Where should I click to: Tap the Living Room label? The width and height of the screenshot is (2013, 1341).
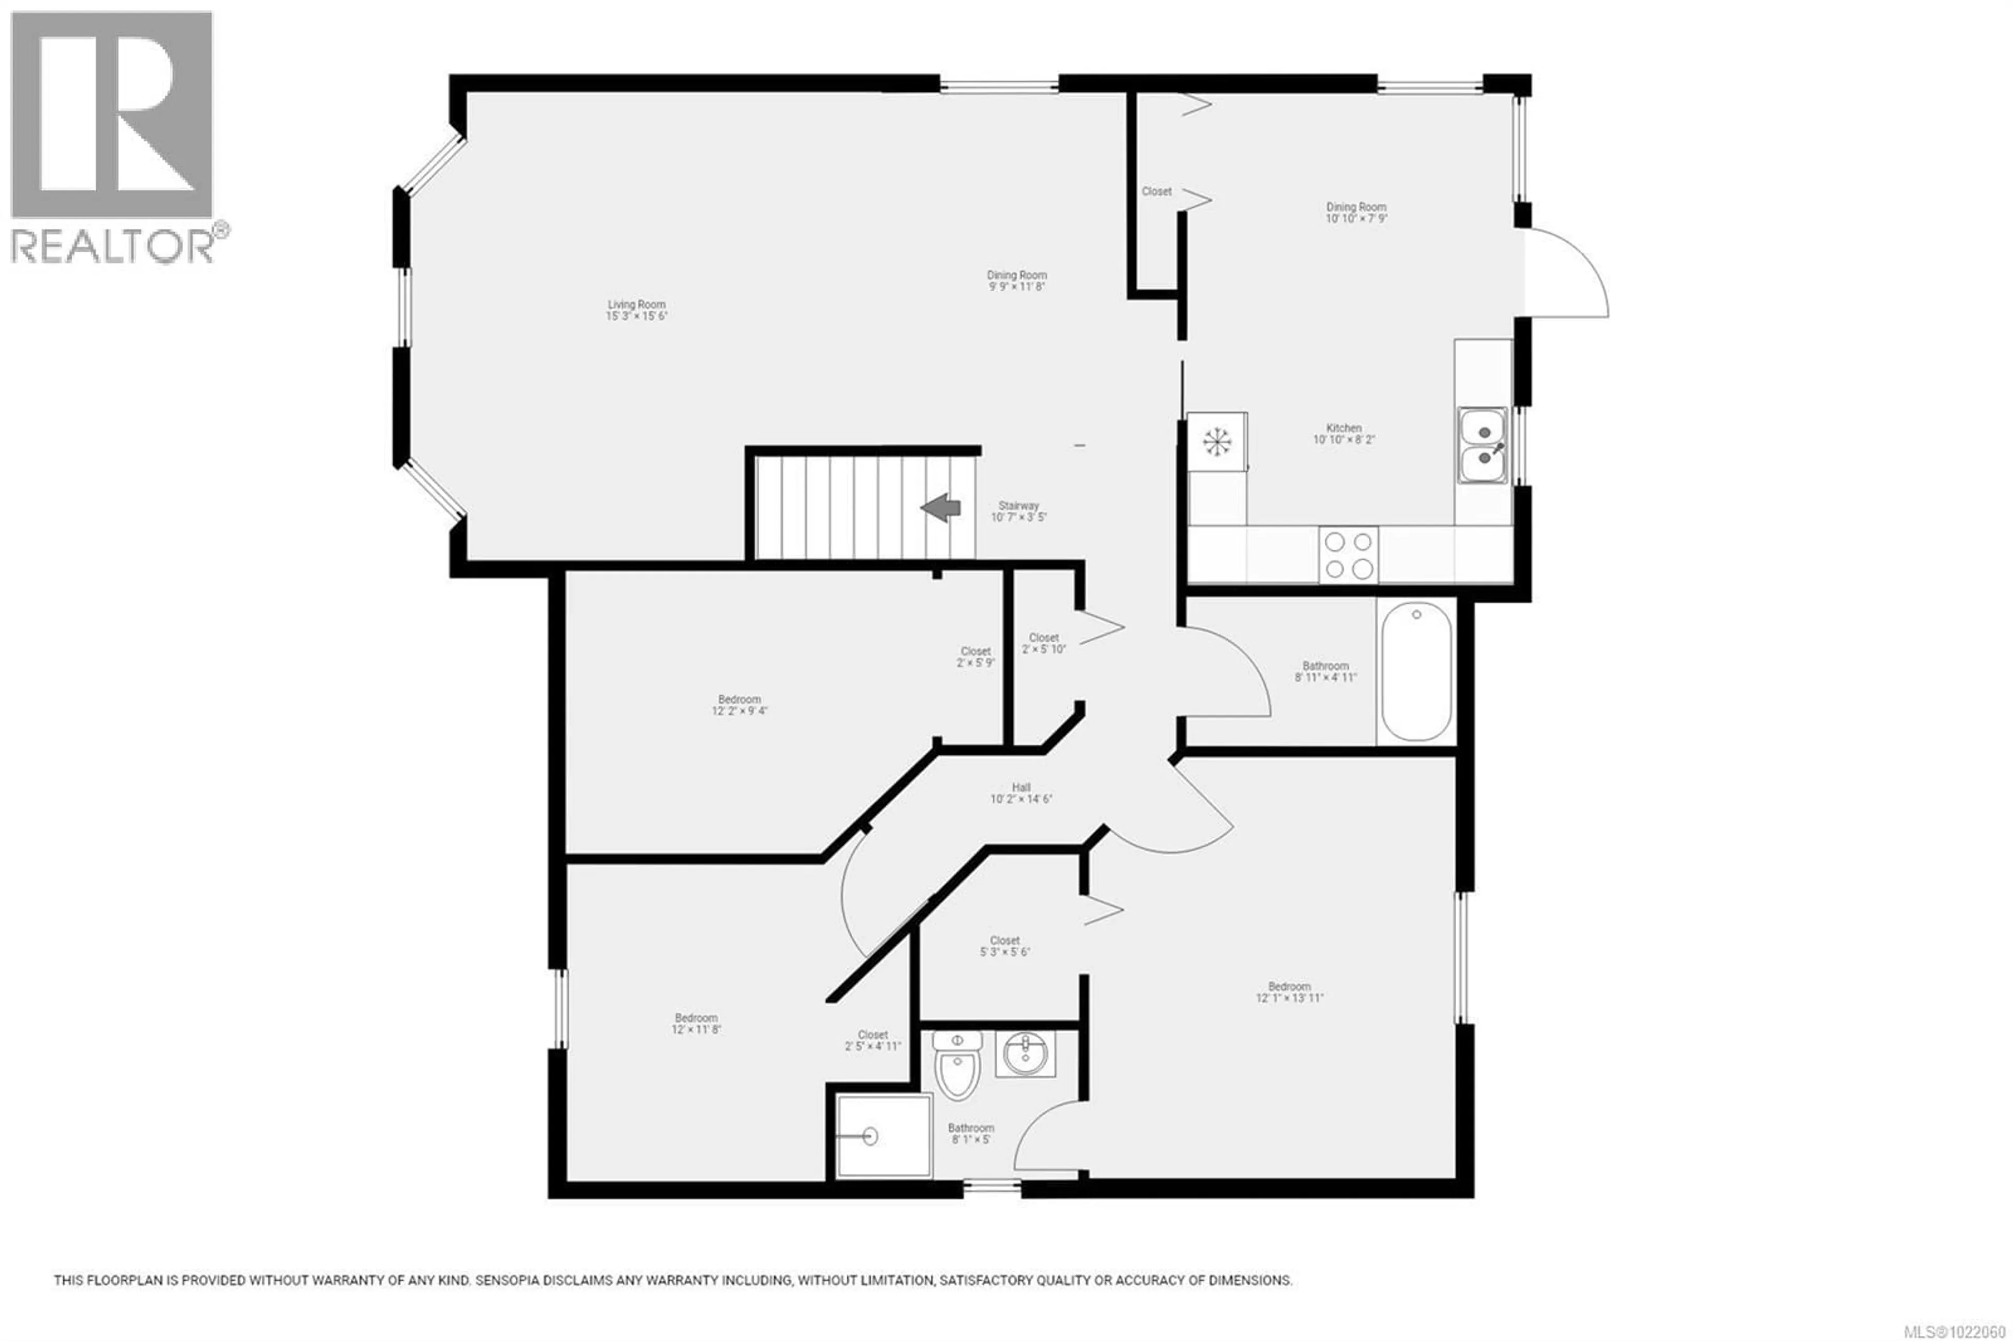tap(636, 310)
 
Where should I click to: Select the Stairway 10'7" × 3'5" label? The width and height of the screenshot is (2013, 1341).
tap(1018, 512)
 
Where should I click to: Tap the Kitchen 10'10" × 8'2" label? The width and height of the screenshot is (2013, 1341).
tap(1344, 434)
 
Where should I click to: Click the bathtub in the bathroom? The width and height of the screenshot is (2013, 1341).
tap(1415, 672)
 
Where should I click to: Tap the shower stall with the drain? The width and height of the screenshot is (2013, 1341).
tap(882, 1135)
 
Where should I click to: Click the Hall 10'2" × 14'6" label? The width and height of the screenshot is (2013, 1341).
tap(1021, 793)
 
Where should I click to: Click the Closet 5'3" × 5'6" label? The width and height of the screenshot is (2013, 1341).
tap(1005, 945)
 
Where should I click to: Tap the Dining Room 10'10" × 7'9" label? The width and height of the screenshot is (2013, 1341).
tap(1356, 212)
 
